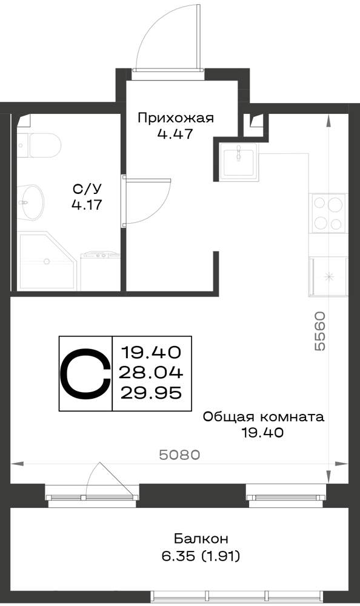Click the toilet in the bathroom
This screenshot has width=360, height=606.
click(x=39, y=145)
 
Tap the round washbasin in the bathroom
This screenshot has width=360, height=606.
click(x=30, y=202)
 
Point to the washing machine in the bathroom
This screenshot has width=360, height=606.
click(x=101, y=270)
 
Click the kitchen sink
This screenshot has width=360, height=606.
click(x=239, y=162)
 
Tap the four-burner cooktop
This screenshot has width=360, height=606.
click(x=328, y=213)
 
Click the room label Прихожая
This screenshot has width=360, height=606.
click(x=176, y=118)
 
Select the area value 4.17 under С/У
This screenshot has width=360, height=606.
click(x=87, y=205)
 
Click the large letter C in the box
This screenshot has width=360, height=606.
click(x=85, y=373)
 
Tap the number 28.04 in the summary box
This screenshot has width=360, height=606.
click(x=151, y=373)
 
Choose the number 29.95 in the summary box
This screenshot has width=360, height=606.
click(x=151, y=393)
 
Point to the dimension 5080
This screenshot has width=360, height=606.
click(x=180, y=455)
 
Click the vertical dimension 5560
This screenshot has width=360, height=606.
click(x=320, y=331)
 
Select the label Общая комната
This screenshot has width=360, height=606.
click(x=264, y=417)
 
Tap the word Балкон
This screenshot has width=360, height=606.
click(x=201, y=538)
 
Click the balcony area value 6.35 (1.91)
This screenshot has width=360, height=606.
click(x=201, y=556)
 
